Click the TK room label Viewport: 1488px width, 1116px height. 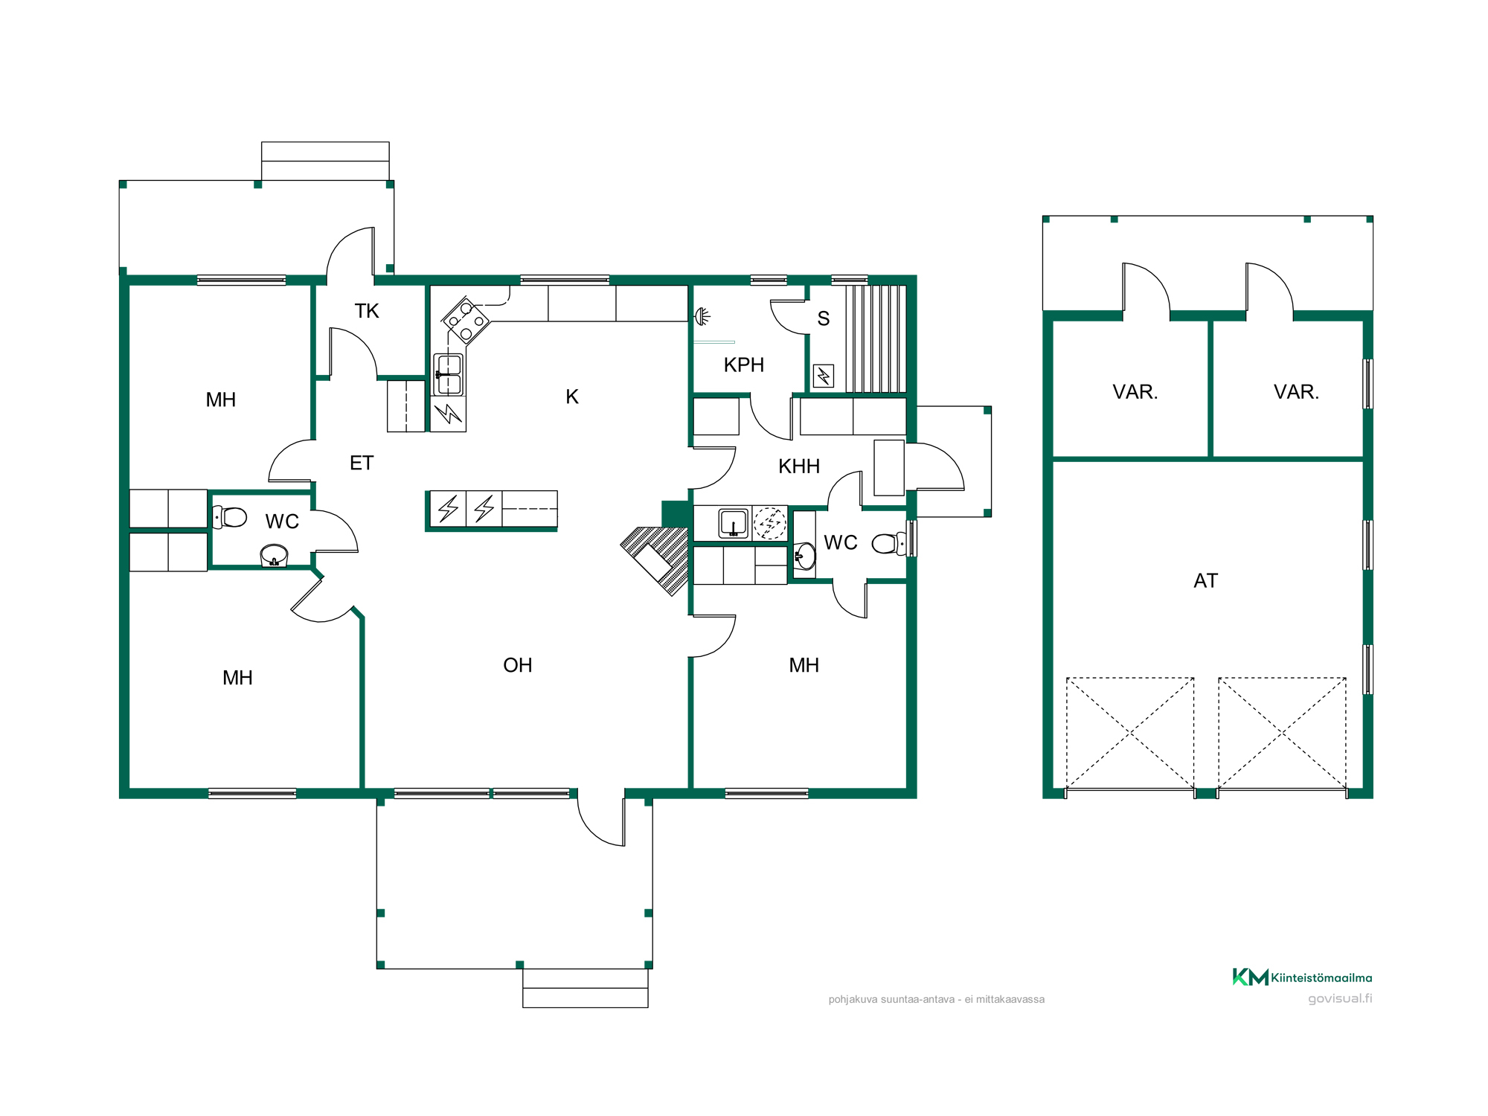[x=367, y=311]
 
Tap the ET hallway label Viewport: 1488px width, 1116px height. [x=362, y=463]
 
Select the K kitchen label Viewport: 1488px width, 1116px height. [x=572, y=397]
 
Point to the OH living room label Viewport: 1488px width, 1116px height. [x=518, y=665]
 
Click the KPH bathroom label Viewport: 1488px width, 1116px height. [x=744, y=365]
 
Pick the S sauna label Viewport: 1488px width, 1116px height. [x=824, y=318]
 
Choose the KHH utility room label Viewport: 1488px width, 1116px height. [x=799, y=466]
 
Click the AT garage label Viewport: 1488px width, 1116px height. [x=1206, y=580]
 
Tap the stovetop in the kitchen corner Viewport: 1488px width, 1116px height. [x=466, y=321]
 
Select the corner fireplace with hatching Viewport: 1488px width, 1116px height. [x=655, y=560]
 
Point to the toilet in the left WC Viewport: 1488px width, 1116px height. [x=230, y=516]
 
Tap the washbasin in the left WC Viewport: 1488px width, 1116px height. [x=274, y=556]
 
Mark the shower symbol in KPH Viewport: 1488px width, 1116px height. [x=702, y=317]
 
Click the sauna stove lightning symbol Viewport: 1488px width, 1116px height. [x=824, y=376]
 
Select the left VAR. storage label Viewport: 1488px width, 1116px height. [x=1135, y=392]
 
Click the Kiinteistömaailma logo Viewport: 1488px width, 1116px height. [x=1302, y=977]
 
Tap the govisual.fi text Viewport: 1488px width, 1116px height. [x=1340, y=998]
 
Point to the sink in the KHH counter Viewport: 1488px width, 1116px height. [x=733, y=523]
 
